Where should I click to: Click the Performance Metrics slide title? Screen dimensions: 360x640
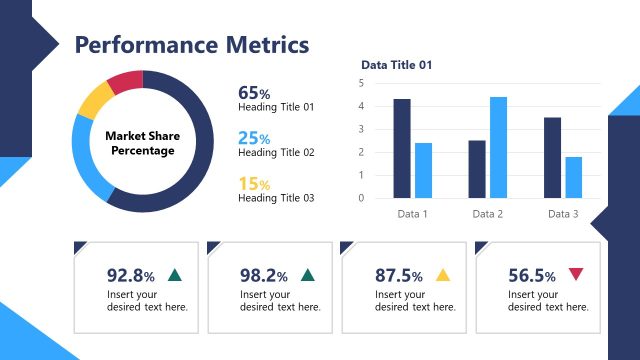[x=192, y=45]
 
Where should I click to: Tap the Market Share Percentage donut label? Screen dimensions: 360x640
[x=141, y=142]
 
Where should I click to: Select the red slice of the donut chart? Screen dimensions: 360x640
[x=126, y=81]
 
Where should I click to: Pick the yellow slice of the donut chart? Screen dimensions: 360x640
[x=94, y=100]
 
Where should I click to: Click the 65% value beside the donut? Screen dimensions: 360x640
[x=254, y=93]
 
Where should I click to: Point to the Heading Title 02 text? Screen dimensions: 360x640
[x=276, y=153]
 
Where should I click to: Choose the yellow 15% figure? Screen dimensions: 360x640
[x=254, y=184]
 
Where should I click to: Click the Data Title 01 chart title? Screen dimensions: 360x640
[x=397, y=65]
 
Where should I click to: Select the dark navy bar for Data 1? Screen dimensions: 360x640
[x=402, y=148]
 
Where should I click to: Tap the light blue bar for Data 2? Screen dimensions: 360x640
[x=498, y=147]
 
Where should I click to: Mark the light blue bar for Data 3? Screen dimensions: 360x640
[x=573, y=177]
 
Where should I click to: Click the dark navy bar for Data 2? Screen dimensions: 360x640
[x=477, y=169]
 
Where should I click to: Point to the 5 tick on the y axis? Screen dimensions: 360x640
[x=361, y=82]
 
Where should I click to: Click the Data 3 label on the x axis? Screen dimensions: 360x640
[x=562, y=214]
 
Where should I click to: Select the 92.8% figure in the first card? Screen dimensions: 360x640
[x=131, y=276]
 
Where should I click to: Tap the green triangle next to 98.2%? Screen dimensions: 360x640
[x=308, y=275]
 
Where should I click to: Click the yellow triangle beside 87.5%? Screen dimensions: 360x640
[x=443, y=275]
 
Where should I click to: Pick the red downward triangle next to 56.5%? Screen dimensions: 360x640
[x=575, y=275]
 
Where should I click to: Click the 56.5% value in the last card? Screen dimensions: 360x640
[x=532, y=276]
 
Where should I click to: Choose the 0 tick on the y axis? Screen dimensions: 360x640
[x=361, y=198]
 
